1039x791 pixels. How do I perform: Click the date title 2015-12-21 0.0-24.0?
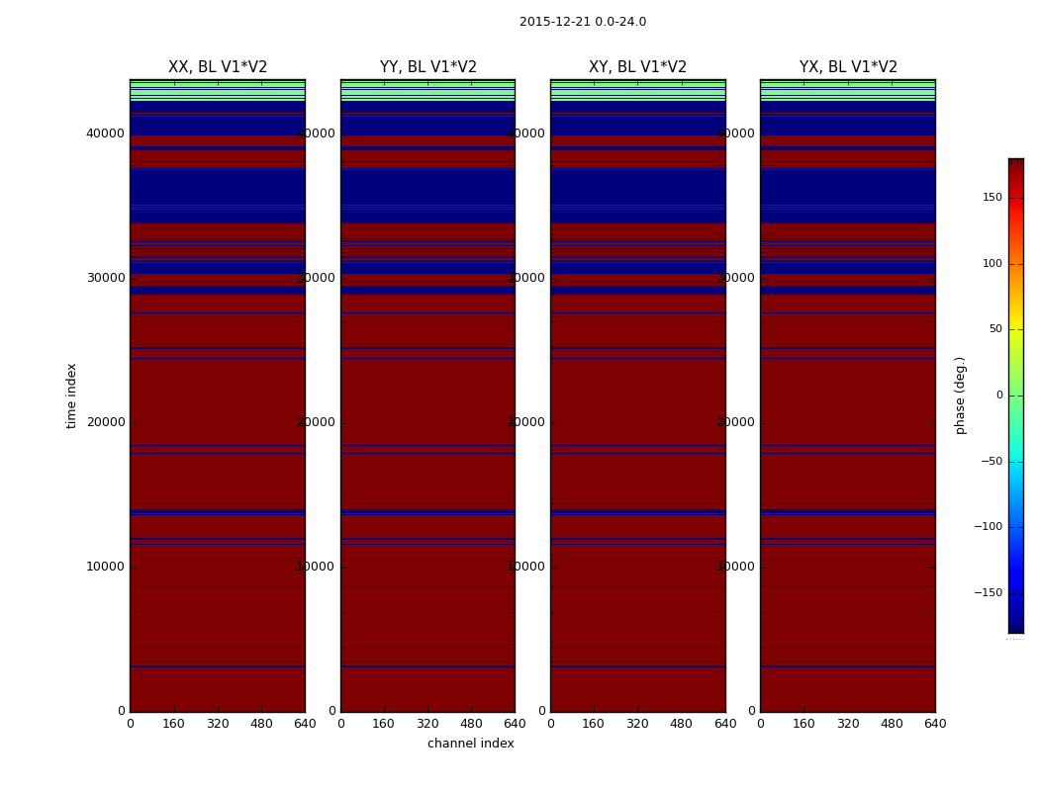coord(582,22)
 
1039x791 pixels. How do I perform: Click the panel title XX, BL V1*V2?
coord(218,67)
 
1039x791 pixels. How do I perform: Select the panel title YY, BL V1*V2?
coord(427,67)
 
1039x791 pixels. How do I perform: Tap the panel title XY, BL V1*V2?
coord(637,67)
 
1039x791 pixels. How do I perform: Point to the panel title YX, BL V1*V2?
coord(848,67)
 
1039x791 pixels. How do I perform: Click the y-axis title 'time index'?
coord(71,395)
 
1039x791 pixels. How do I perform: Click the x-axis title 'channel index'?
coord(470,744)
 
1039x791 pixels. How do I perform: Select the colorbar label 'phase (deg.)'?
coord(960,395)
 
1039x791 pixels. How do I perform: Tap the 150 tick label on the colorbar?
coord(991,198)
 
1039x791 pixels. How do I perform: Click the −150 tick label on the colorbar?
coord(988,593)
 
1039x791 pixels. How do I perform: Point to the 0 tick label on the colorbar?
coord(998,395)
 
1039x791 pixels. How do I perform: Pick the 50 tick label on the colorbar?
coord(994,329)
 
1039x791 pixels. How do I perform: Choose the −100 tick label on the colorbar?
coord(988,527)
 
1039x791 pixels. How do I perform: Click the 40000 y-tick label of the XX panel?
coord(105,133)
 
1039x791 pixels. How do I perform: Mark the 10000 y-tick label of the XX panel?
coord(105,567)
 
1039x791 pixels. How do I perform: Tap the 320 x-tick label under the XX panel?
coord(218,724)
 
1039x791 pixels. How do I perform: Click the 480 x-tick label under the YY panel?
coord(471,724)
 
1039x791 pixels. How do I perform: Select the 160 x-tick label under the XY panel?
coord(594,724)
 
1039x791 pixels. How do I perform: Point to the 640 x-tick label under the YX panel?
coord(935,724)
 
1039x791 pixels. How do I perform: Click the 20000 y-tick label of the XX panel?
coord(105,422)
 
